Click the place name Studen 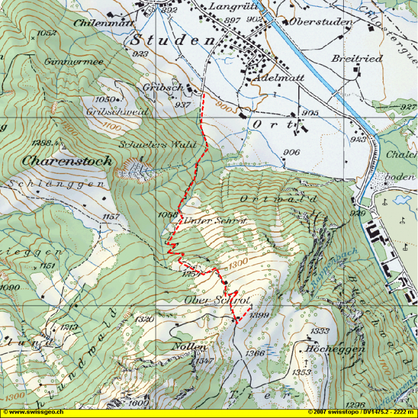click(x=172, y=41)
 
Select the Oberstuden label click(x=321, y=22)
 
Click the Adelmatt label click(x=276, y=79)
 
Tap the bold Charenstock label click(x=67, y=161)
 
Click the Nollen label click(x=190, y=346)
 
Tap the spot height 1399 click(x=258, y=317)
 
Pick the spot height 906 click(x=291, y=153)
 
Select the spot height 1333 click(x=319, y=331)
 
